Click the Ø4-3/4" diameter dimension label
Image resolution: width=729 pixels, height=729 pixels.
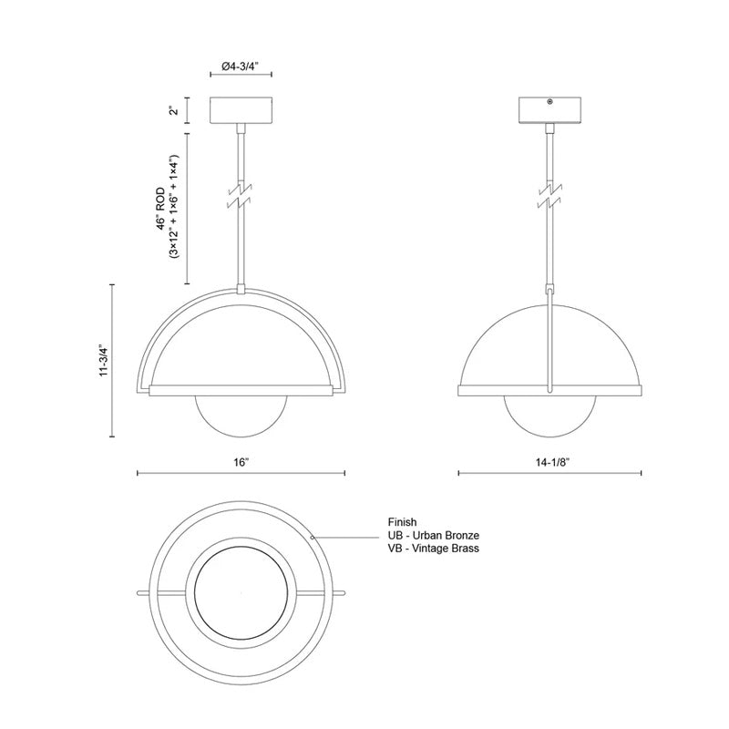[241, 66]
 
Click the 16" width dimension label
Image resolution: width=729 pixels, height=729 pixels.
[241, 463]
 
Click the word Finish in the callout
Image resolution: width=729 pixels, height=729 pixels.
[403, 522]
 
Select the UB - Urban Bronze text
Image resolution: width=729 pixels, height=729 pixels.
[433, 536]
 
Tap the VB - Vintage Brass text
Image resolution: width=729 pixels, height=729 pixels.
[433, 549]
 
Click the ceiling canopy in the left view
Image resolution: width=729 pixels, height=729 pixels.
[241, 111]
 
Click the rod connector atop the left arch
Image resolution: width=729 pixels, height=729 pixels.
[241, 290]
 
